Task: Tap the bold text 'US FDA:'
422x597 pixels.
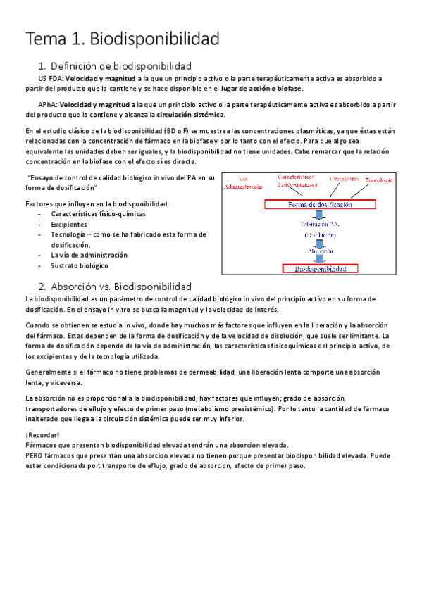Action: (49, 78)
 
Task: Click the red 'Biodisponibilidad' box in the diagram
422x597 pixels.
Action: (320, 268)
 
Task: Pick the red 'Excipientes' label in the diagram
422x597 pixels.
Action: (345, 180)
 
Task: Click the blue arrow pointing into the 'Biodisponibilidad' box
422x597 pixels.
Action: (320, 258)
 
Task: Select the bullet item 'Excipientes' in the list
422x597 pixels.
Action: (69, 224)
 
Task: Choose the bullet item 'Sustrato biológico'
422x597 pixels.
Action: (79, 265)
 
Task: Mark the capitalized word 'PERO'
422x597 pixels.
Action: (35, 455)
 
